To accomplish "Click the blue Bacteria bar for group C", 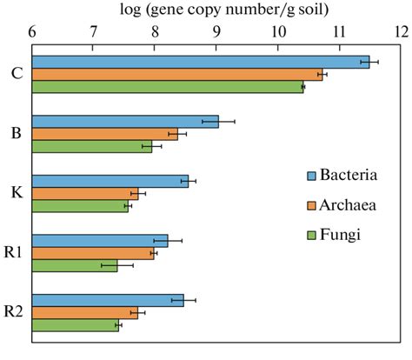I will pos(200,61).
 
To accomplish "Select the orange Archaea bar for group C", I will pos(177,74).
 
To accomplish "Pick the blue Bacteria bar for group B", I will pos(125,122).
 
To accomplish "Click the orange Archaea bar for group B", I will pos(104,134).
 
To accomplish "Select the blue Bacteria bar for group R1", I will pos(100,241).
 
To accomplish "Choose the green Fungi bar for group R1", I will pos(75,265).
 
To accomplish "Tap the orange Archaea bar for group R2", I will pos(85,313).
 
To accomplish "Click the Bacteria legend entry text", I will pos(349,175).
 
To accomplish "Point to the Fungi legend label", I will pos(341,235).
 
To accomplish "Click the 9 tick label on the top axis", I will pos(216,32).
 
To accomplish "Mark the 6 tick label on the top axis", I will pos(33,32).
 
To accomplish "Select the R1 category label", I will pos(13,253).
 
